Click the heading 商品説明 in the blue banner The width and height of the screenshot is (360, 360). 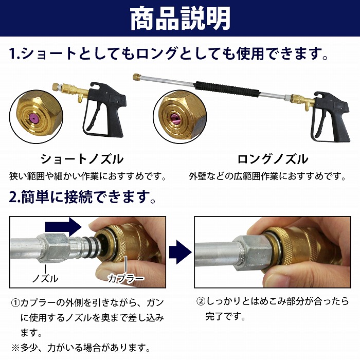click(x=180, y=19)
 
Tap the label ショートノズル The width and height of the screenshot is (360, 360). click(x=82, y=158)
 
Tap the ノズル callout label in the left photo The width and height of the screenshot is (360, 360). click(x=45, y=279)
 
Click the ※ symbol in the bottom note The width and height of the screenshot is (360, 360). click(x=14, y=347)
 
